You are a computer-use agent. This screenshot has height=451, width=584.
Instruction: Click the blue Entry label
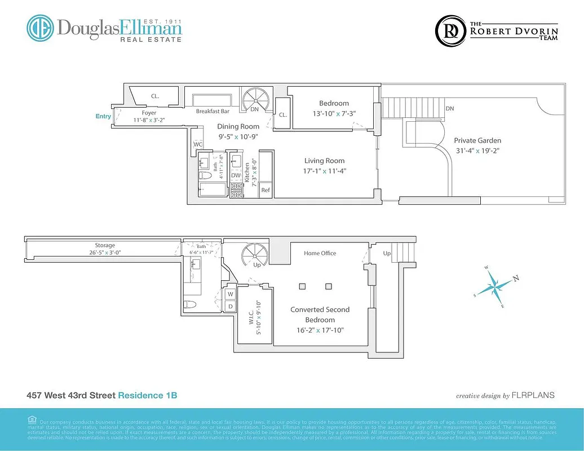(103, 116)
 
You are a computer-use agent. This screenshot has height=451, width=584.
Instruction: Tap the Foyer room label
(149, 113)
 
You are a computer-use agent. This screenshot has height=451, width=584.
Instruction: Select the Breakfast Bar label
(213, 112)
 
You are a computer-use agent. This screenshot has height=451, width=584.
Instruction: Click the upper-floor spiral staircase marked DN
(255, 101)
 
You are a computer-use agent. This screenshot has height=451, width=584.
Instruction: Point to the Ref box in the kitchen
(266, 191)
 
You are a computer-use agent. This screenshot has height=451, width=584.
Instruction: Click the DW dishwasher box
(236, 175)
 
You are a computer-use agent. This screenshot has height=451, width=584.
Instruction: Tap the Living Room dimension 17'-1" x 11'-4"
(324, 171)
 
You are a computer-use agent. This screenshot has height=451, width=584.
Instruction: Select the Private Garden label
(477, 140)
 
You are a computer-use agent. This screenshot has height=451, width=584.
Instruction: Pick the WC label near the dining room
(198, 144)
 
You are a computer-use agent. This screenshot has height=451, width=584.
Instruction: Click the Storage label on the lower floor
(105, 245)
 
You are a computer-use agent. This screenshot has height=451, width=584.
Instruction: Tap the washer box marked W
(231, 294)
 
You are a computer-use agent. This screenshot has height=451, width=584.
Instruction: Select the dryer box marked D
(231, 306)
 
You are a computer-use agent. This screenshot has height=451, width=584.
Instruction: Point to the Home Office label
(320, 253)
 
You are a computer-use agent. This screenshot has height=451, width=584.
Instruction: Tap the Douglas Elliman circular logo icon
(39, 28)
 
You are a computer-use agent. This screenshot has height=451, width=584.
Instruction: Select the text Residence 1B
(147, 396)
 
